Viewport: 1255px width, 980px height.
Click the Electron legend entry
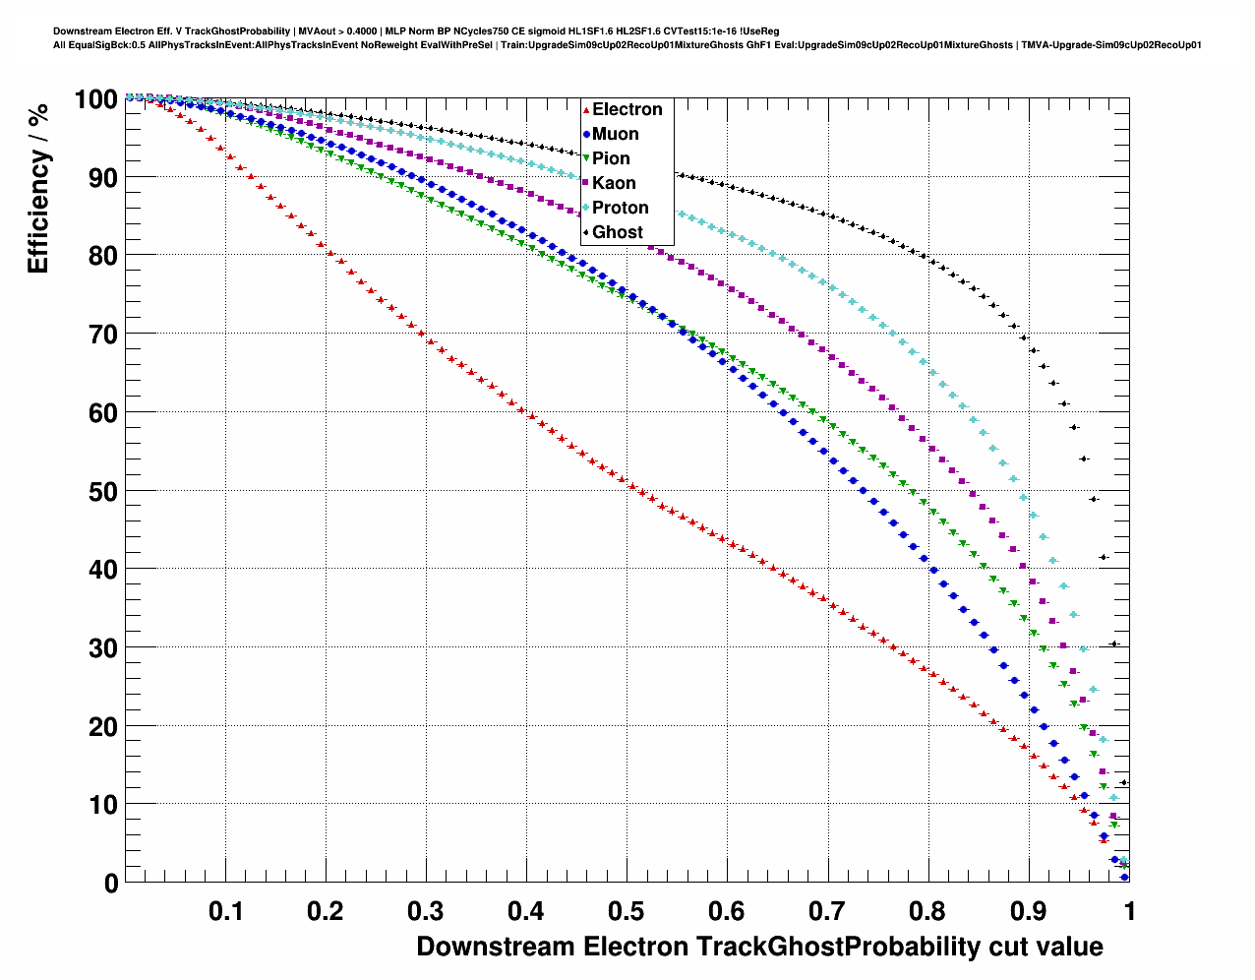click(627, 109)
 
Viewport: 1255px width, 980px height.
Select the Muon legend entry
click(615, 134)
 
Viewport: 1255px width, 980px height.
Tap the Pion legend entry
click(611, 158)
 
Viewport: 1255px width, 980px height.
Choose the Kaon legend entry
click(614, 183)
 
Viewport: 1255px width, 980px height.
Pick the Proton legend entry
click(620, 208)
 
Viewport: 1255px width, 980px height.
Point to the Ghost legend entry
click(617, 232)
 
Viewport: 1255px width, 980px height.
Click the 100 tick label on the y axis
click(95, 98)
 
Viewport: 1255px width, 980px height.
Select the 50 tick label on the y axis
click(103, 491)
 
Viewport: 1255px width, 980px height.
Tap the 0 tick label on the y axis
click(110, 884)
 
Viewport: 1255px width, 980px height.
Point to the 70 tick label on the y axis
click(103, 335)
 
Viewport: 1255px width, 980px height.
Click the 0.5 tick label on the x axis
click(627, 911)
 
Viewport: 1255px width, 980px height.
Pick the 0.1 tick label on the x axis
click(225, 911)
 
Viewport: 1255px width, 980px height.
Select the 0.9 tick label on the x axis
click(1028, 911)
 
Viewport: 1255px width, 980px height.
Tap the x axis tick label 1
click(1129, 911)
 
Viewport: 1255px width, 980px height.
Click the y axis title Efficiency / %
click(37, 187)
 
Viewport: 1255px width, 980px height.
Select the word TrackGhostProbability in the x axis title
click(835, 947)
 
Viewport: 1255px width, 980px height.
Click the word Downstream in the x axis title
click(496, 947)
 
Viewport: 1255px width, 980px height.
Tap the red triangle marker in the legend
click(586, 109)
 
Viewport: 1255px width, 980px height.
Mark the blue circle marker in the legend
click(586, 134)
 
